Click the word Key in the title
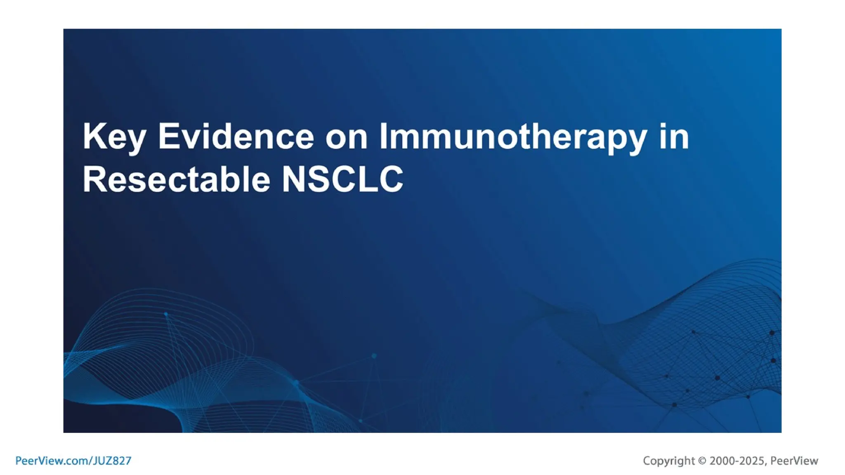(114, 137)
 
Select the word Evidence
(236, 136)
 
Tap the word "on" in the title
(346, 137)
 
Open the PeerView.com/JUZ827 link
(73, 461)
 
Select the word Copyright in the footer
(669, 461)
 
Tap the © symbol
(702, 461)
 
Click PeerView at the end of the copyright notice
(794, 461)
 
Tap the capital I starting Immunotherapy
(382, 136)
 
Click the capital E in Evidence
(168, 136)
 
